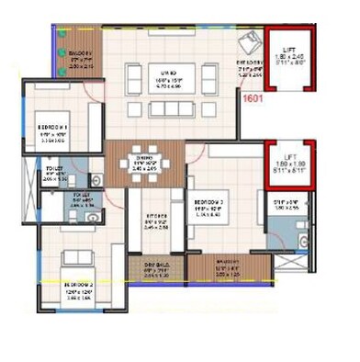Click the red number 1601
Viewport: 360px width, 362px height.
252,93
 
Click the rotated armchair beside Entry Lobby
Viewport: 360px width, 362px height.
247,43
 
